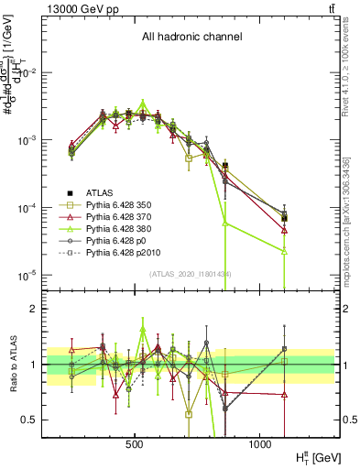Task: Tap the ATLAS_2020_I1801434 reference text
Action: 190,275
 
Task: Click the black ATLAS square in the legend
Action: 70,192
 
